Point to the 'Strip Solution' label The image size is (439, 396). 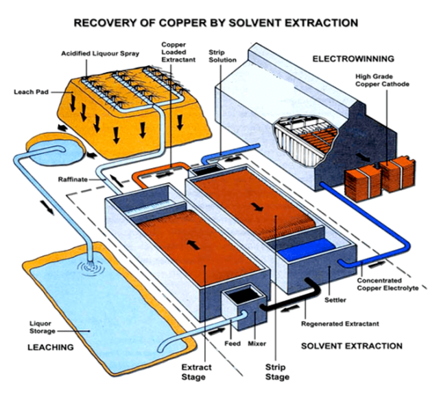[x=222, y=56]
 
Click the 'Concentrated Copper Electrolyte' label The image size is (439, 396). [x=389, y=284]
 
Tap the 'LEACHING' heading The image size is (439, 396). [x=50, y=347]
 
